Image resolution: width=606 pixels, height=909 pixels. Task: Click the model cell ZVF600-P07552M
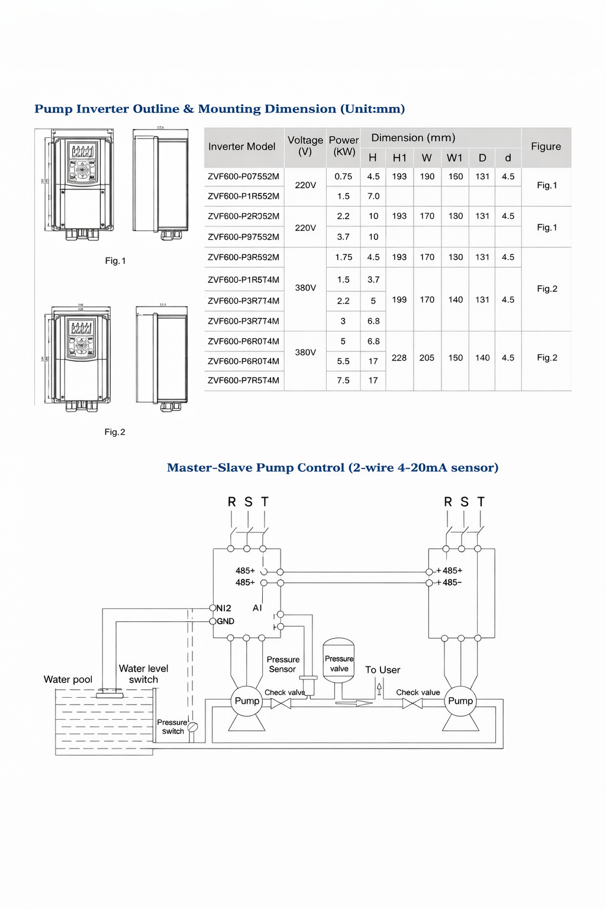tap(243, 176)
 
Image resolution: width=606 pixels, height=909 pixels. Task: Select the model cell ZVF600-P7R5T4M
tap(243, 381)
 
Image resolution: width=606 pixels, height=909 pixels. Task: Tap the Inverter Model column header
tap(241, 147)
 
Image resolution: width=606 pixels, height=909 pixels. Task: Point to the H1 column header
tap(399, 158)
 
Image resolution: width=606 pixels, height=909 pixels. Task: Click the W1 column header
tap(454, 158)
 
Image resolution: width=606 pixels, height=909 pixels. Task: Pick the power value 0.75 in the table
tap(343, 176)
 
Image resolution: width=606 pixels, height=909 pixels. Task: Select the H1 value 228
tap(399, 358)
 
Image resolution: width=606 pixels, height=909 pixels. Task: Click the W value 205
tap(427, 358)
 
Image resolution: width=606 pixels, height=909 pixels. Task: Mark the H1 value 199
tap(399, 300)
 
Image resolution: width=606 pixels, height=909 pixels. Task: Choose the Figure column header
tap(546, 147)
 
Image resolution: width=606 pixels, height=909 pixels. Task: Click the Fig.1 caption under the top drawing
tap(115, 261)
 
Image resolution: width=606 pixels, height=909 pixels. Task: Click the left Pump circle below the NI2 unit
tap(247, 701)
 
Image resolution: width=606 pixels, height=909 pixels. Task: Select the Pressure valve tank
tap(339, 660)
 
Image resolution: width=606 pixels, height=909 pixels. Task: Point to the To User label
tap(382, 670)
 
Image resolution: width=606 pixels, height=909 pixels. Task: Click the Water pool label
tap(68, 679)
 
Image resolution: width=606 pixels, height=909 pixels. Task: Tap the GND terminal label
tap(225, 621)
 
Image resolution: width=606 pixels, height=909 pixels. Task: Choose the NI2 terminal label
tap(224, 608)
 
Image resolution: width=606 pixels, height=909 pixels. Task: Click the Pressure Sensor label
tap(283, 665)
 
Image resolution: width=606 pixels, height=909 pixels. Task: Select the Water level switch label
tap(143, 674)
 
